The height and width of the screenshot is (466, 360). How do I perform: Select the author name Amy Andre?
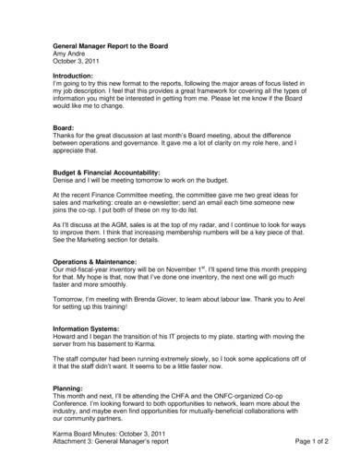pyautogui.click(x=69, y=54)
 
